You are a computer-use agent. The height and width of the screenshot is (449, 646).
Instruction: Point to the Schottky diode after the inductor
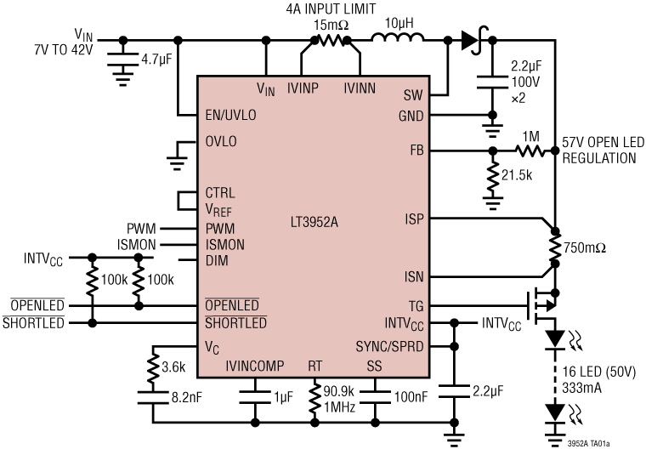pos(471,39)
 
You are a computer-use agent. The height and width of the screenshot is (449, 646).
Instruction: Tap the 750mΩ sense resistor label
pos(587,247)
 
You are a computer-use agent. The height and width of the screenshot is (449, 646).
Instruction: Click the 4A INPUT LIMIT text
pos(331,9)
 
